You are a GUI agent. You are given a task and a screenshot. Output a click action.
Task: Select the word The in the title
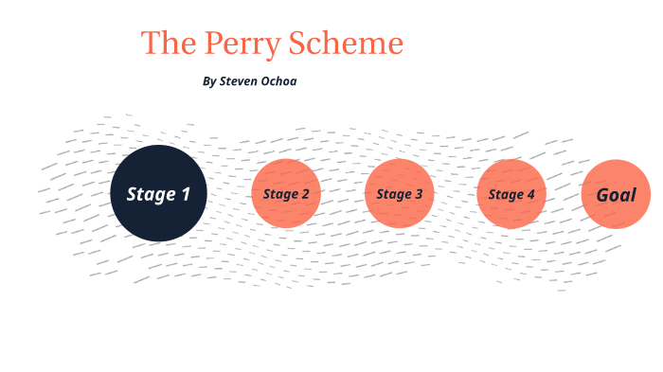point(165,44)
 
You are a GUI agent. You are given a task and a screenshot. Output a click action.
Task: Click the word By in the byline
point(209,81)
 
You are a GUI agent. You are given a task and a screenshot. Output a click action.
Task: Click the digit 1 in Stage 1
point(186,195)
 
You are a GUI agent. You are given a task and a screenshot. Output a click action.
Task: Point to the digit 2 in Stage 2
point(305,195)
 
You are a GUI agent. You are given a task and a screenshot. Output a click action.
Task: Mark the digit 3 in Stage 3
point(419,195)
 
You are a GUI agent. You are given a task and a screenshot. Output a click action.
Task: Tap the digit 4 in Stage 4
point(530,195)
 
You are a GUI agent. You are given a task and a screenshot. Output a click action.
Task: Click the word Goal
point(616,195)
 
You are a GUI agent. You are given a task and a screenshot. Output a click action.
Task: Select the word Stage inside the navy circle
point(150,195)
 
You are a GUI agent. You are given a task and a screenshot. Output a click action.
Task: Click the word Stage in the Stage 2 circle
point(280,195)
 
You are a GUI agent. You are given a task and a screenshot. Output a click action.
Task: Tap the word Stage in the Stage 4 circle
point(506,195)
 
